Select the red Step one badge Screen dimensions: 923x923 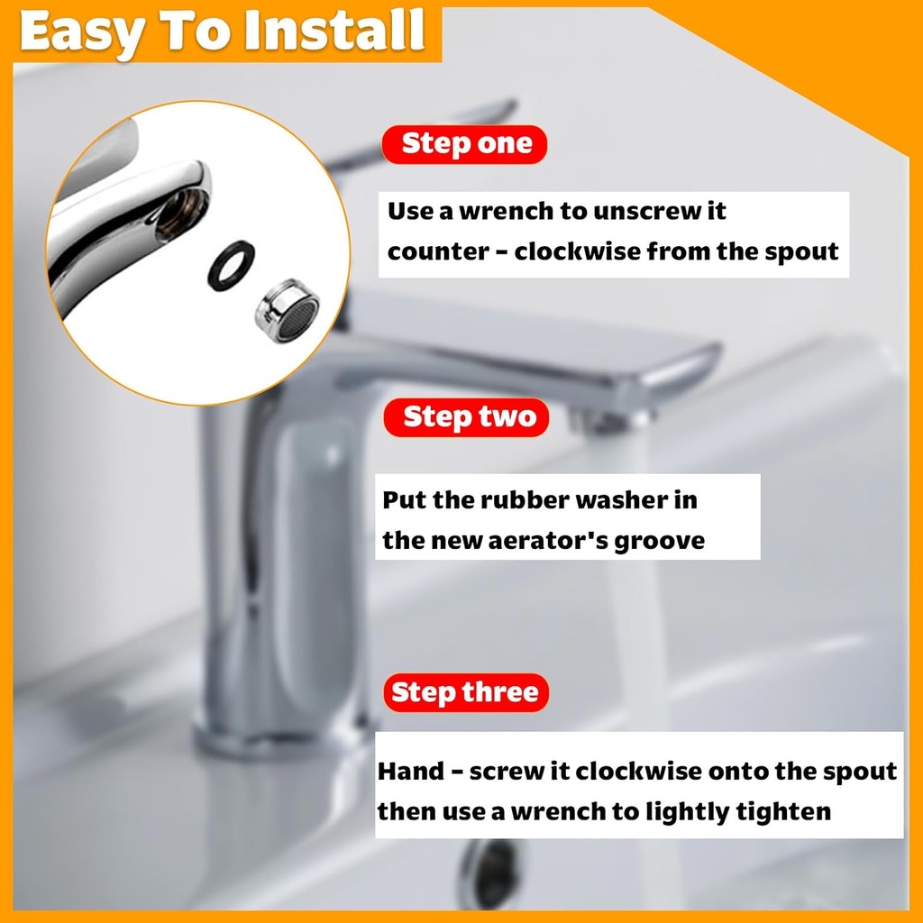point(466,144)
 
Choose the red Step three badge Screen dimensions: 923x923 point(466,692)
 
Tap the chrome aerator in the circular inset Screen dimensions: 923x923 point(288,308)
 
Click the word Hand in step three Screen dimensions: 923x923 point(411,772)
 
